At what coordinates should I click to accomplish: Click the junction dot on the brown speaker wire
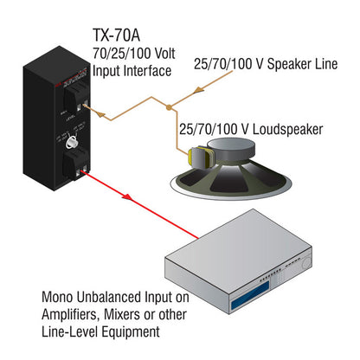[x=170, y=106]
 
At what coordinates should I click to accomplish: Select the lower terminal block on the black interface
[x=76, y=160]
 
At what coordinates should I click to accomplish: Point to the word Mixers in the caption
[x=128, y=314]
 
